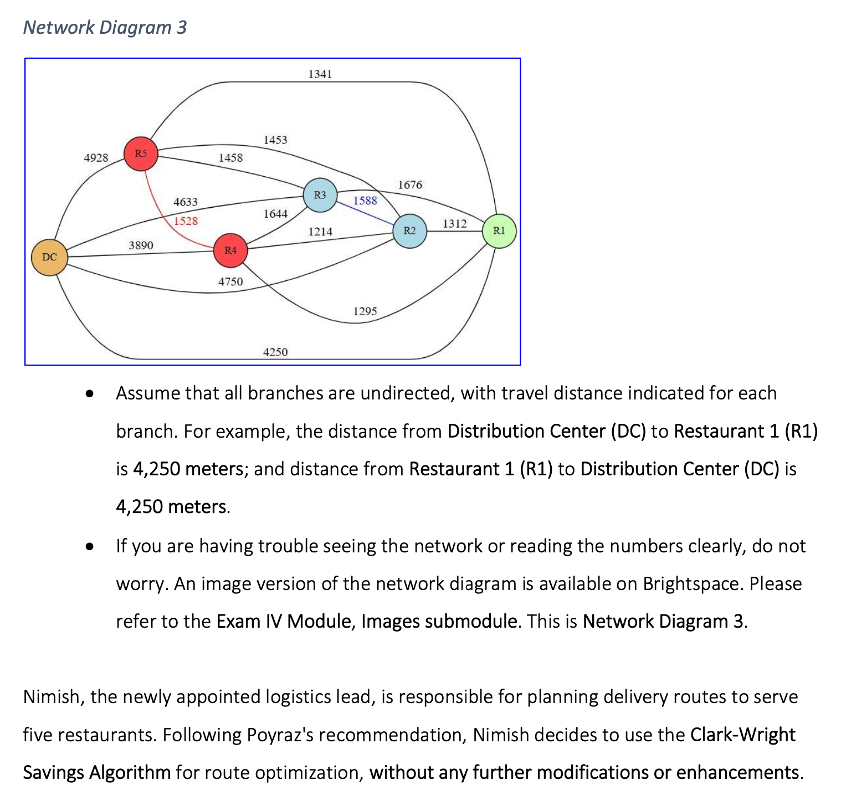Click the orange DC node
tap(49, 257)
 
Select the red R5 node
tap(141, 153)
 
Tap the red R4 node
tap(230, 250)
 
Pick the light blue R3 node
tap(320, 195)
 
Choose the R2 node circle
tap(409, 231)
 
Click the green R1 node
tap(499, 231)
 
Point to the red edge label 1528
tap(186, 221)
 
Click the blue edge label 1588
tap(365, 201)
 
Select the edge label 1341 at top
tap(320, 74)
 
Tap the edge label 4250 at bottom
tap(275, 352)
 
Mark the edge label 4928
tap(96, 158)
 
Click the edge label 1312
tap(454, 223)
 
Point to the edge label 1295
tap(365, 311)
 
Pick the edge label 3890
tap(141, 245)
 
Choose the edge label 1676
tap(410, 184)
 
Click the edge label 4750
tap(230, 281)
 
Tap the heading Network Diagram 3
tap(105, 27)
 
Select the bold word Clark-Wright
tap(742, 735)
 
